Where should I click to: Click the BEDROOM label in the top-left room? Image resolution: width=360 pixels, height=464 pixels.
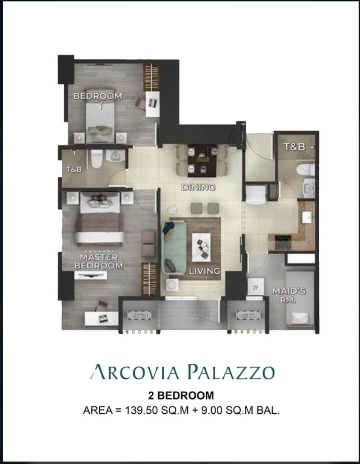tap(97, 96)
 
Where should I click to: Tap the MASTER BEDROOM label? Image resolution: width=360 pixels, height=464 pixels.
tap(98, 261)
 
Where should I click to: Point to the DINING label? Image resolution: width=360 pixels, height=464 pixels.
tap(198, 187)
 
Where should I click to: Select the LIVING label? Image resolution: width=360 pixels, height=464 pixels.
tap(205, 271)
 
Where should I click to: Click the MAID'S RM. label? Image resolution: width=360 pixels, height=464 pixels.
tap(284, 295)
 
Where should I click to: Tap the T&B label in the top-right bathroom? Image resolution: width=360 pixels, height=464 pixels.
tap(294, 146)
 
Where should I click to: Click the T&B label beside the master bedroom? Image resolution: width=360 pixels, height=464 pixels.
tap(74, 169)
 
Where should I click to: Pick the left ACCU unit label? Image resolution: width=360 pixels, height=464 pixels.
tap(139, 315)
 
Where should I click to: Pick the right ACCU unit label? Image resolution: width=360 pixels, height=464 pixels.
tap(248, 315)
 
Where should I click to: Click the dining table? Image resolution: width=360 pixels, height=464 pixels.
tap(202, 161)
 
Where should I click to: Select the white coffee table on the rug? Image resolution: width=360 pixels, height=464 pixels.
tap(201, 247)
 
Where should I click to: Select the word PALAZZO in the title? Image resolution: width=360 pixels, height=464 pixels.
tap(231, 372)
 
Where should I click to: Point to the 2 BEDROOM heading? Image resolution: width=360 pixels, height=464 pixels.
tap(180, 395)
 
